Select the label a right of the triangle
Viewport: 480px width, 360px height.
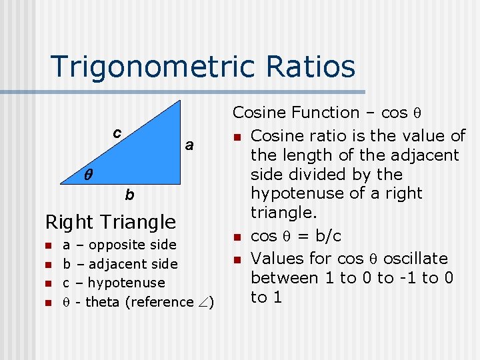(x=189, y=145)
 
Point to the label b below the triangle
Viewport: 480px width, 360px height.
(x=129, y=195)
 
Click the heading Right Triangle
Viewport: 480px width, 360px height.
(x=111, y=221)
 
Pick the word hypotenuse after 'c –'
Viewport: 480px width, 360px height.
(x=126, y=283)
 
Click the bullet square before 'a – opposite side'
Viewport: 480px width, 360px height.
(x=47, y=245)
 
